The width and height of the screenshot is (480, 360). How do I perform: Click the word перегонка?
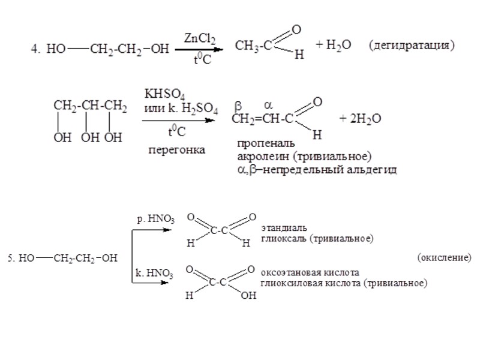coord(176,150)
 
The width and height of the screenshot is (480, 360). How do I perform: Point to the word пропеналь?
coord(265,145)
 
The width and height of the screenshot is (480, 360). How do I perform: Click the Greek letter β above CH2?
coord(238,106)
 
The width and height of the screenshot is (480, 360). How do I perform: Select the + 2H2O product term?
coord(359,119)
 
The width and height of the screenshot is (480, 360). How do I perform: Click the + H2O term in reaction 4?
coord(334,46)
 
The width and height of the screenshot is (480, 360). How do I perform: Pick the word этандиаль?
coord(284,229)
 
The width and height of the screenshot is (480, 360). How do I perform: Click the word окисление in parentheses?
coord(443,258)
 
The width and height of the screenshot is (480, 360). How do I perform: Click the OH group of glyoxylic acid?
coord(248,295)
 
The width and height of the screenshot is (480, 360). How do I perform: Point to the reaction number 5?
coord(10,259)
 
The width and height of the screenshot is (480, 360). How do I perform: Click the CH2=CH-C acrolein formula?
coord(263,120)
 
